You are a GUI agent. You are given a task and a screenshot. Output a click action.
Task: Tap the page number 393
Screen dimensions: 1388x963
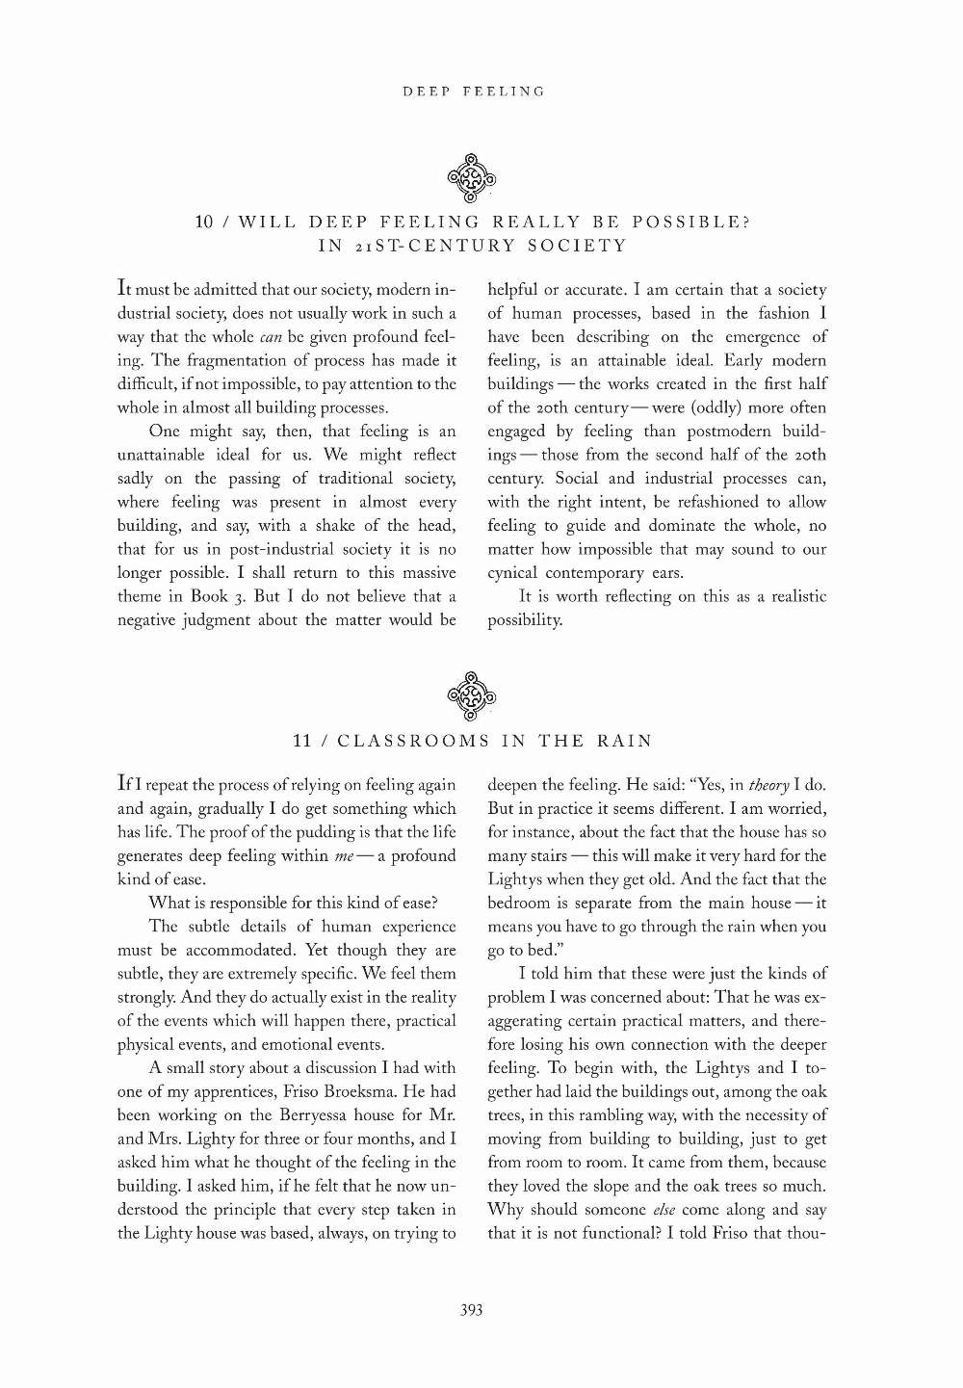point(471,1309)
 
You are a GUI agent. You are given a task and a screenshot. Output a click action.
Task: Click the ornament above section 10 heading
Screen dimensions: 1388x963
point(472,178)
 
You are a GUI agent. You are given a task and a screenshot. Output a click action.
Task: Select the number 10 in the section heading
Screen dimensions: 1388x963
point(204,222)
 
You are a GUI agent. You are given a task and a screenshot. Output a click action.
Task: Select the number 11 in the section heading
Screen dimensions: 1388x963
point(302,741)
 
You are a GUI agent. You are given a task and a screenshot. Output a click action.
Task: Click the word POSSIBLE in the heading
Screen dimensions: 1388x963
point(674,222)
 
